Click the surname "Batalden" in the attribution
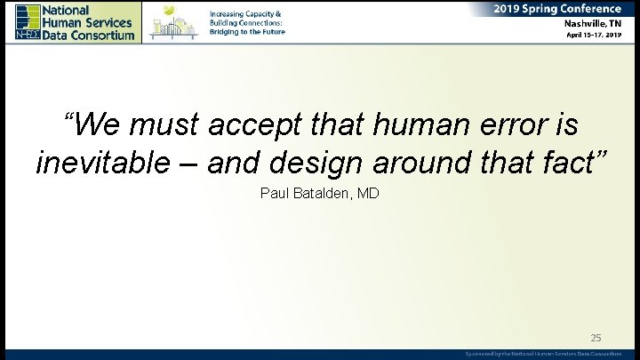coord(321,193)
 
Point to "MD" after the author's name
coord(368,193)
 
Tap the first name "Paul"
coord(276,193)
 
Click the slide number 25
coord(596,338)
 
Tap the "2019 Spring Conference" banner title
coord(558,8)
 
